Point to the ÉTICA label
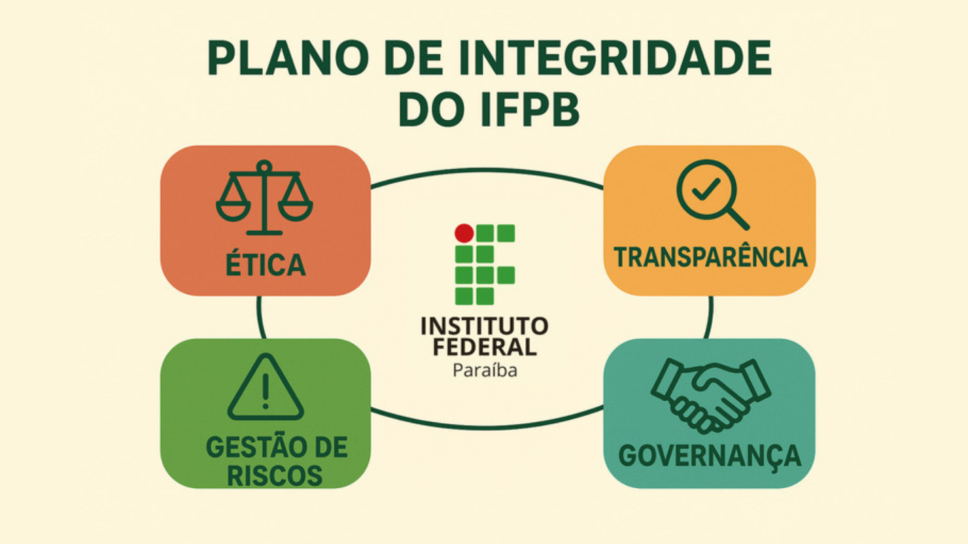pyautogui.click(x=266, y=265)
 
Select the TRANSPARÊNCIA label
pyautogui.click(x=710, y=257)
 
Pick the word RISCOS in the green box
pyautogui.click(x=275, y=476)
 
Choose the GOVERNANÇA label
pyautogui.click(x=710, y=456)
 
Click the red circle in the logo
pyautogui.click(x=464, y=233)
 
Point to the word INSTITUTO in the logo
pyautogui.click(x=484, y=326)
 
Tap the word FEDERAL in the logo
pyautogui.click(x=484, y=347)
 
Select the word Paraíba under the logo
pyautogui.click(x=485, y=371)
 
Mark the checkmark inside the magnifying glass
pyautogui.click(x=706, y=190)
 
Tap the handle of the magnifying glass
pyautogui.click(x=738, y=218)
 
